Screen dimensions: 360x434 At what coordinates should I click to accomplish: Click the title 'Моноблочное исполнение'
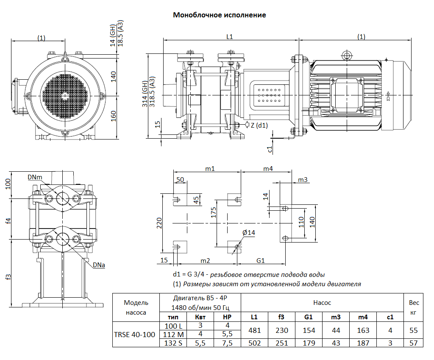[219, 15]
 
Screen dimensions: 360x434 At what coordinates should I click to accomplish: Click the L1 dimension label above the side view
[229, 37]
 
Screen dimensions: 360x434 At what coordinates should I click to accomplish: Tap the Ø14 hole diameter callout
[249, 232]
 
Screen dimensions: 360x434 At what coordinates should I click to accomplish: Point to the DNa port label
[99, 265]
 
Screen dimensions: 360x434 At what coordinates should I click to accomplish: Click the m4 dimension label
[268, 168]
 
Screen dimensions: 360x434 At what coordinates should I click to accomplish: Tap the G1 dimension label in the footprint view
[261, 260]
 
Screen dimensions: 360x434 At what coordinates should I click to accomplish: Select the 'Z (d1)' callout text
[260, 125]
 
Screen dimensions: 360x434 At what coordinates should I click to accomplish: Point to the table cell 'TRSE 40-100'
[134, 335]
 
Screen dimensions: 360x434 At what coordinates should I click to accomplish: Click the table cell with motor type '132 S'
[173, 343]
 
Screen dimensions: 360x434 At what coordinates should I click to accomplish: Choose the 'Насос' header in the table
[322, 302]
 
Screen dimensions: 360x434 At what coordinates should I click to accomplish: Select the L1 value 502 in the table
[254, 343]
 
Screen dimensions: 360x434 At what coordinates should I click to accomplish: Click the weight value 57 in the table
[414, 343]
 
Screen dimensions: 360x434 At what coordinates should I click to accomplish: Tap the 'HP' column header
[227, 317]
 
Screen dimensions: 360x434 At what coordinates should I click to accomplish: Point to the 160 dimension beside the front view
[113, 115]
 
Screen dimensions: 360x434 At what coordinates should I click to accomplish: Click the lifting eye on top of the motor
[347, 55]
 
